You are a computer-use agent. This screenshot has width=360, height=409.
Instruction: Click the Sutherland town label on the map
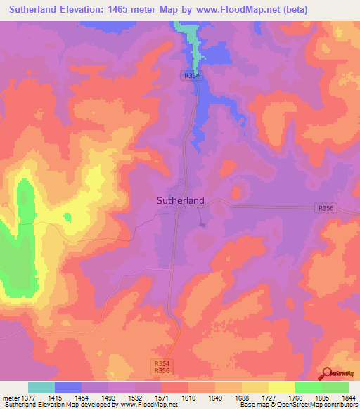[180, 200]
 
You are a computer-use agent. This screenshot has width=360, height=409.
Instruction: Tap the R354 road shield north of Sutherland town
[193, 76]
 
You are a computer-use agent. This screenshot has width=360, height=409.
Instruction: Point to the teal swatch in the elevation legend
[41, 387]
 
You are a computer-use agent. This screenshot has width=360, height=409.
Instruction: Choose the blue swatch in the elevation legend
[68, 387]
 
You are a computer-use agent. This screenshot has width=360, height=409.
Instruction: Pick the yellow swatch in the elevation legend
[281, 387]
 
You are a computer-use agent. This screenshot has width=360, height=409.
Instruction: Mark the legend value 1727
[268, 398]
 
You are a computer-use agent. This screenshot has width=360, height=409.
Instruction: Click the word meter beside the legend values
[11, 398]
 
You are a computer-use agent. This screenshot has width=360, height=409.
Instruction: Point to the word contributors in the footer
[338, 405]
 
